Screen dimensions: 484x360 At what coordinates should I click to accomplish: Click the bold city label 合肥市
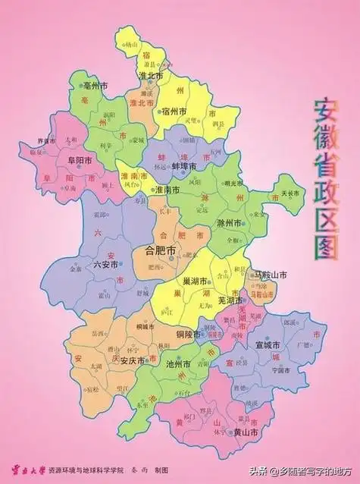(x=159, y=250)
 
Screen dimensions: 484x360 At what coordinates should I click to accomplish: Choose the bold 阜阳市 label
(x=80, y=161)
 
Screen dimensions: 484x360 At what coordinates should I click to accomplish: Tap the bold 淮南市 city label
(x=167, y=190)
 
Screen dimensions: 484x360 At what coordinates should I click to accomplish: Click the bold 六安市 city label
(x=105, y=265)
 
